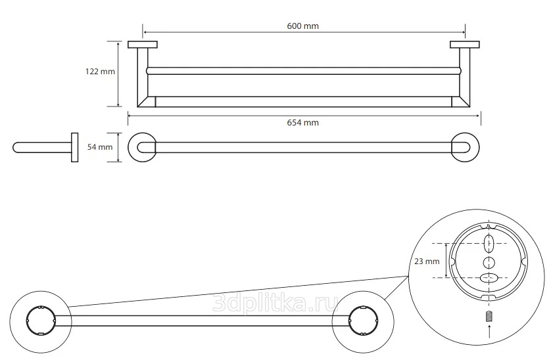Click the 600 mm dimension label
302,26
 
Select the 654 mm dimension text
303,123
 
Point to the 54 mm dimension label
101,147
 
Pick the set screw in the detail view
487,318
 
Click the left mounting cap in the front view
143,45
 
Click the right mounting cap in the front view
465,45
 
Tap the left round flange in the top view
143,147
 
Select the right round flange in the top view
465,147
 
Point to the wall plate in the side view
74,147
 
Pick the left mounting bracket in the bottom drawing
39,320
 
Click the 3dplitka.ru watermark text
276,304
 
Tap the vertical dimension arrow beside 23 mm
448,261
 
